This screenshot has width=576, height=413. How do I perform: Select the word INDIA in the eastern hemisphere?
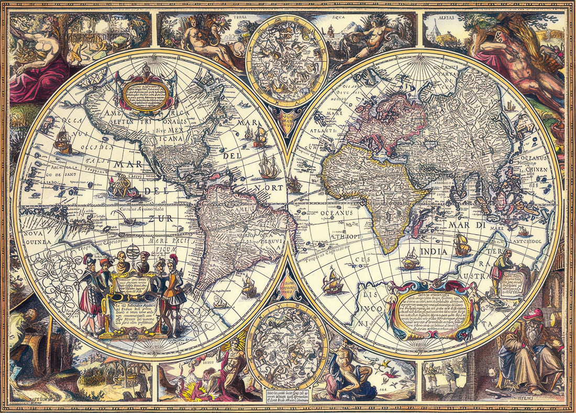(433, 252)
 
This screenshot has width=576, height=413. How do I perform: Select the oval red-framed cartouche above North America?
(147, 93)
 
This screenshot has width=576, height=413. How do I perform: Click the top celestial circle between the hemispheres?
(287, 61)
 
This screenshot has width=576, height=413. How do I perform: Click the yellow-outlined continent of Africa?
(372, 194)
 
